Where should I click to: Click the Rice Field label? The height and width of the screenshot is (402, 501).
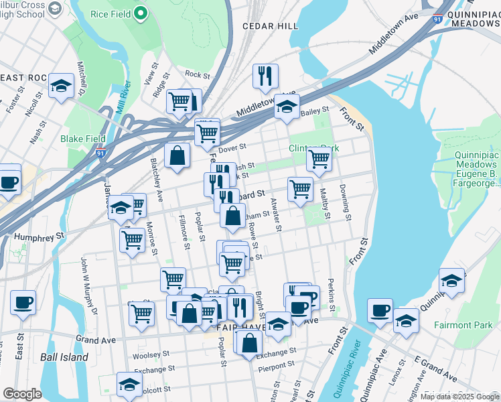[109, 13]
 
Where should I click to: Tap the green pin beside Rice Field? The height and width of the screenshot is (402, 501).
[140, 13]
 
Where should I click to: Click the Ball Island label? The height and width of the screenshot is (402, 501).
[64, 357]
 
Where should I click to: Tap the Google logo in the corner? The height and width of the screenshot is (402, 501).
[22, 393]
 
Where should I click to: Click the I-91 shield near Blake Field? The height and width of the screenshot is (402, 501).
[100, 153]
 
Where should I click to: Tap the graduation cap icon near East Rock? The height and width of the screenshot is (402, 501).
[61, 86]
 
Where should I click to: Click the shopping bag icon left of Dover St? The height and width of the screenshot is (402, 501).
[176, 155]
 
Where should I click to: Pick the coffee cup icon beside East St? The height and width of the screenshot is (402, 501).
[23, 302]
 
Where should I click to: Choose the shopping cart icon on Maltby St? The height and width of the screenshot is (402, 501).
[319, 159]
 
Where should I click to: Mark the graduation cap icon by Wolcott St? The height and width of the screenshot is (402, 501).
[129, 384]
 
